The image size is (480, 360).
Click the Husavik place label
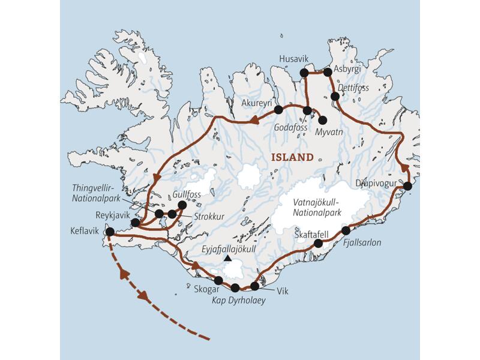(x=294, y=59)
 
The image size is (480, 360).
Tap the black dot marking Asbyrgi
(x=328, y=73)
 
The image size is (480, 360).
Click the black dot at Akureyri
(x=278, y=110)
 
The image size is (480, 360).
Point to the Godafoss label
(x=290, y=128)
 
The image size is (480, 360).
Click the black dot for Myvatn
(x=323, y=120)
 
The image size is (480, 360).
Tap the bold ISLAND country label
(x=292, y=158)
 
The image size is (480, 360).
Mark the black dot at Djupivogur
(x=407, y=186)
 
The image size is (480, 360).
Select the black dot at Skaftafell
(x=319, y=243)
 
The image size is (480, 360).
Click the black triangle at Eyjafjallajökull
(x=227, y=258)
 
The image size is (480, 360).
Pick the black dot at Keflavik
(x=110, y=232)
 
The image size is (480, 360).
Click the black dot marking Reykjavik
(x=136, y=223)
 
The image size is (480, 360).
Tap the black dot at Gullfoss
(x=182, y=205)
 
